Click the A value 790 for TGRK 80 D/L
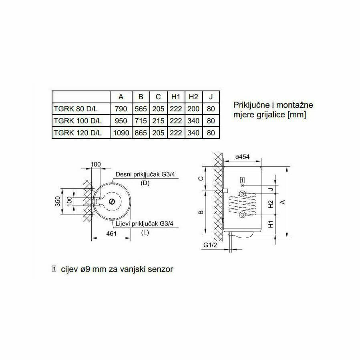click(121, 109)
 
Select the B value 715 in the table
click(141, 121)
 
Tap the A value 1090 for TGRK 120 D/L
click(121, 133)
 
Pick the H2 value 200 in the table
click(193, 109)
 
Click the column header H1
click(176, 97)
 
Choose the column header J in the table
click(211, 97)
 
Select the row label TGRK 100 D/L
click(78, 121)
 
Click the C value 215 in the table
click(158, 121)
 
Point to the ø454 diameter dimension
click(242, 157)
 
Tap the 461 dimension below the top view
click(111, 233)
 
